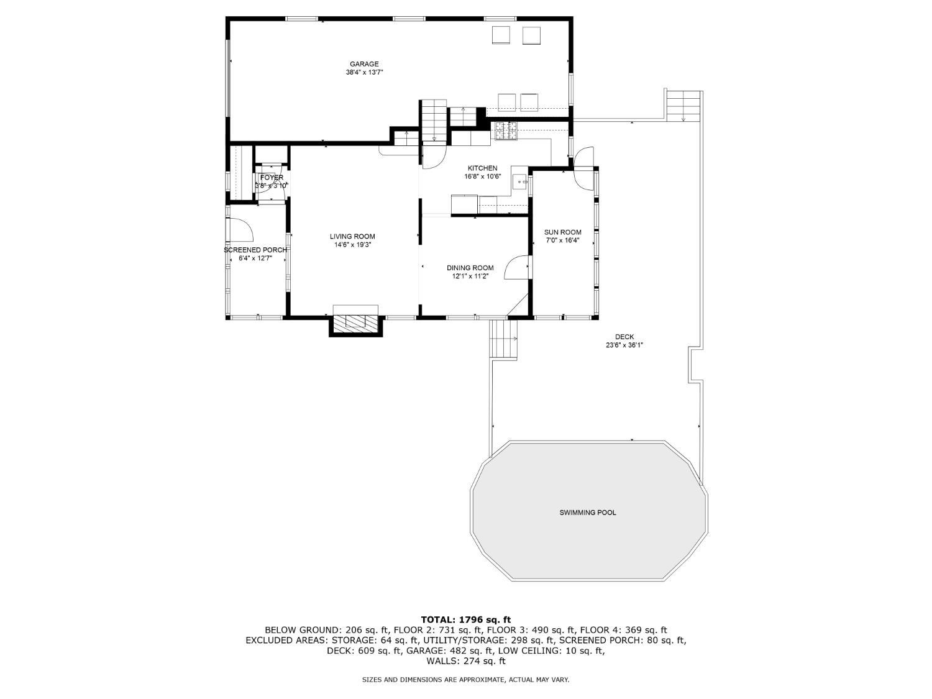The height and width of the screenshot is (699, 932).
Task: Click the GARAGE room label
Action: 364,65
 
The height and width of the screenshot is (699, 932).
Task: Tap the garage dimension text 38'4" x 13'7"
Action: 364,73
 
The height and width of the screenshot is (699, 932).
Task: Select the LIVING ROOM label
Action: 352,236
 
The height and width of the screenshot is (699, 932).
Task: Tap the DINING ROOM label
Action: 470,268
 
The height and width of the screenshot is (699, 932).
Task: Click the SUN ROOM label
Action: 562,232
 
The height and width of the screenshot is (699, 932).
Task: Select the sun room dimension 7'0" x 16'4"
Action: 562,240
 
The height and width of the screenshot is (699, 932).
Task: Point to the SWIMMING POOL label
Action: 588,512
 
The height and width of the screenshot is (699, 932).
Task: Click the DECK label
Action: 624,337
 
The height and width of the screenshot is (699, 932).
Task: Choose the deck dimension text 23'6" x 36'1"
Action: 624,345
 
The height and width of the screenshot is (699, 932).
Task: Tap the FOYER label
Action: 272,178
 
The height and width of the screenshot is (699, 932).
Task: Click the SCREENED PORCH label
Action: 255,250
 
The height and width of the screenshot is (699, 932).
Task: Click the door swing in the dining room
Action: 516,267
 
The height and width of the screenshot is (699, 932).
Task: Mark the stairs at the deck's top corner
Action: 683,106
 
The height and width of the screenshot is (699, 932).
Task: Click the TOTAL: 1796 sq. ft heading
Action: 466,620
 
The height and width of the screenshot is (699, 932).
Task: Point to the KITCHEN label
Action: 482,168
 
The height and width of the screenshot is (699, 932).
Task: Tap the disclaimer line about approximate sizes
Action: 465,680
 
